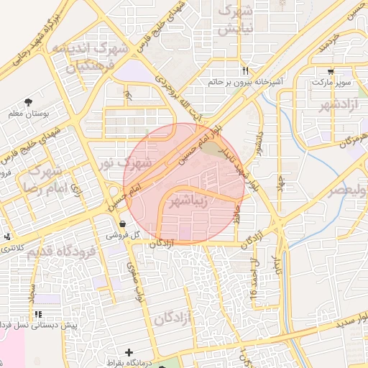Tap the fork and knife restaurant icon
245,70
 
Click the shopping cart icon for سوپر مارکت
331,71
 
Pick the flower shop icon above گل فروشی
124,223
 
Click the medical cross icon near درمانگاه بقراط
129,352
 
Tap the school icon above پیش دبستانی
38,314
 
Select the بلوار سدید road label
355,318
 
